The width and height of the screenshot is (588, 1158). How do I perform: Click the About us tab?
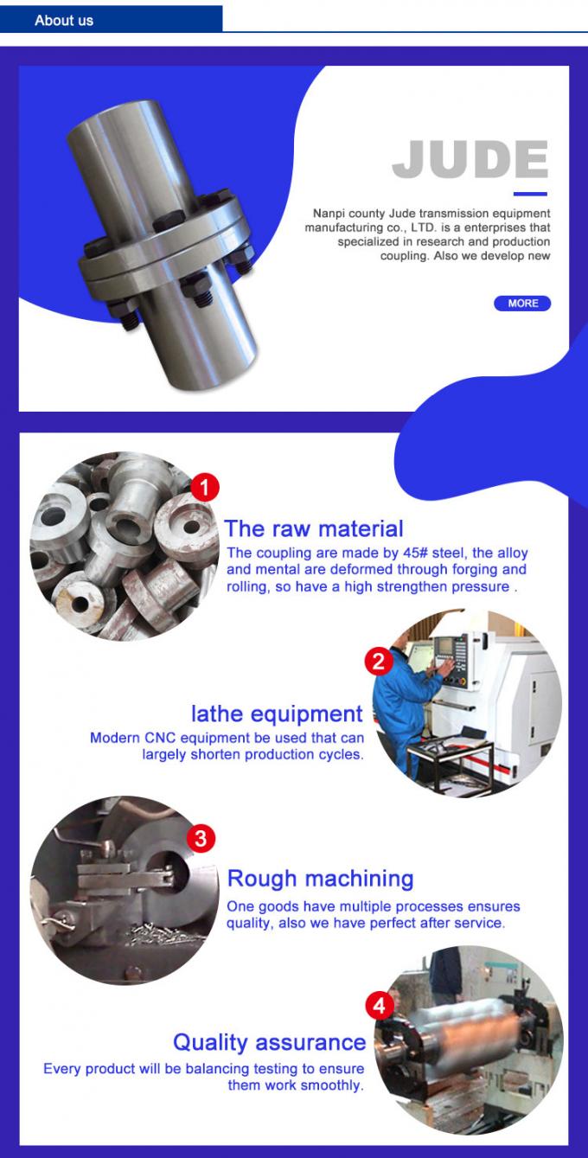64,20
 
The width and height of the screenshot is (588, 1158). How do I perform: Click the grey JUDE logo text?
470,160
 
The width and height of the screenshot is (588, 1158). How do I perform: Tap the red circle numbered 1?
204,488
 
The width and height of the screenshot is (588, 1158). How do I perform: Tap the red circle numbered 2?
378,662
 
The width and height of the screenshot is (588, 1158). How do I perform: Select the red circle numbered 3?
201,837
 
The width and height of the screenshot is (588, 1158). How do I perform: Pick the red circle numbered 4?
380,1006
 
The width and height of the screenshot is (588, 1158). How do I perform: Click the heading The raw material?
313,528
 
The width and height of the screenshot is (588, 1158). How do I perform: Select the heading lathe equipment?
277,713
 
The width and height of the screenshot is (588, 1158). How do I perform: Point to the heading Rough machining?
320,879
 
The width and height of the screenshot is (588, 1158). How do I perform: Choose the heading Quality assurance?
269,1042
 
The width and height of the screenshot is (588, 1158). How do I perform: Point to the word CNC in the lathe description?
159,739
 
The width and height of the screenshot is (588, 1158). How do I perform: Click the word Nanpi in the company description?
329,213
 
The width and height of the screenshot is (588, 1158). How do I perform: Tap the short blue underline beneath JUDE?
530,194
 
